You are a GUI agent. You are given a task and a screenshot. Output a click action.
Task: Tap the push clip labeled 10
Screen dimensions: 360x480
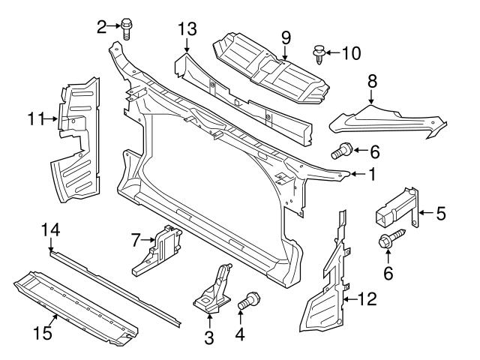pyautogui.click(x=317, y=54)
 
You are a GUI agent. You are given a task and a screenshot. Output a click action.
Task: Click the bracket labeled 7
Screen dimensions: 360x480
pyautogui.click(x=159, y=249)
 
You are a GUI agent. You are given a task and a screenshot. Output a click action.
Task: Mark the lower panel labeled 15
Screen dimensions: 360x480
pyautogui.click(x=75, y=300)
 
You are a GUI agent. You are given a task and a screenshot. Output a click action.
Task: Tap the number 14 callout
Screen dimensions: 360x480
pyautogui.click(x=50, y=230)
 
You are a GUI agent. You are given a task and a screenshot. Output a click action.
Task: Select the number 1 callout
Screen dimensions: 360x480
pyautogui.click(x=370, y=175)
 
